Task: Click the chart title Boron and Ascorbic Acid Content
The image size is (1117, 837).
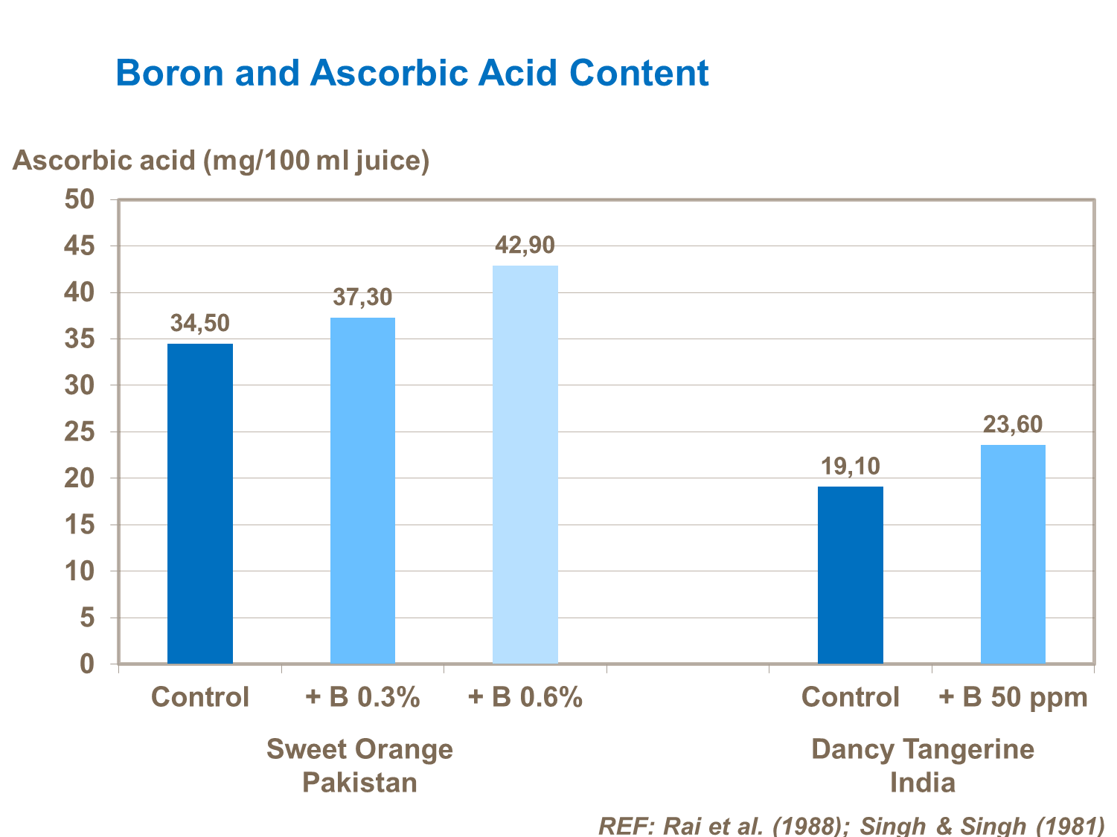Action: (412, 73)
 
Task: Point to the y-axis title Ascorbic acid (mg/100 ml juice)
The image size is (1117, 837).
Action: (221, 160)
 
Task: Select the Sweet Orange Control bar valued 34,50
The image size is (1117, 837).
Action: (200, 503)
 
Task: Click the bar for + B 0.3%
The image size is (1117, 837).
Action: (362, 490)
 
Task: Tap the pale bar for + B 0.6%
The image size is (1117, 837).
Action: (525, 464)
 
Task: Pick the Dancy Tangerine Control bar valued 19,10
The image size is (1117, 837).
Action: (850, 574)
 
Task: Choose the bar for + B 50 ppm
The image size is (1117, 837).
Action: (1013, 554)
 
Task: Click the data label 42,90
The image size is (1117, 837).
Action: (525, 245)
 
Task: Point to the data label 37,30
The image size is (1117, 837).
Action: (362, 298)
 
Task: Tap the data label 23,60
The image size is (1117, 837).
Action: (1013, 424)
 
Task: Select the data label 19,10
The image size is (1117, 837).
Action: (850, 466)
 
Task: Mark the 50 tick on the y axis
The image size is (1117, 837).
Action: (80, 199)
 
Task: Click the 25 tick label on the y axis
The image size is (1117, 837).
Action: (80, 432)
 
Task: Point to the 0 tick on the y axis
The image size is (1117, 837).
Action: (87, 664)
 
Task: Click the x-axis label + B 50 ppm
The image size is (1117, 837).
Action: (1013, 698)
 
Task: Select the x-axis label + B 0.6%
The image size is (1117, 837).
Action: (525, 698)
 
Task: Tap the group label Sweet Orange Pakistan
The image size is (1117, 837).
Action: (359, 765)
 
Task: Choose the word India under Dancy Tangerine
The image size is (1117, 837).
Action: (922, 783)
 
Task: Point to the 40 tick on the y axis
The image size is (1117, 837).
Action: (80, 292)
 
